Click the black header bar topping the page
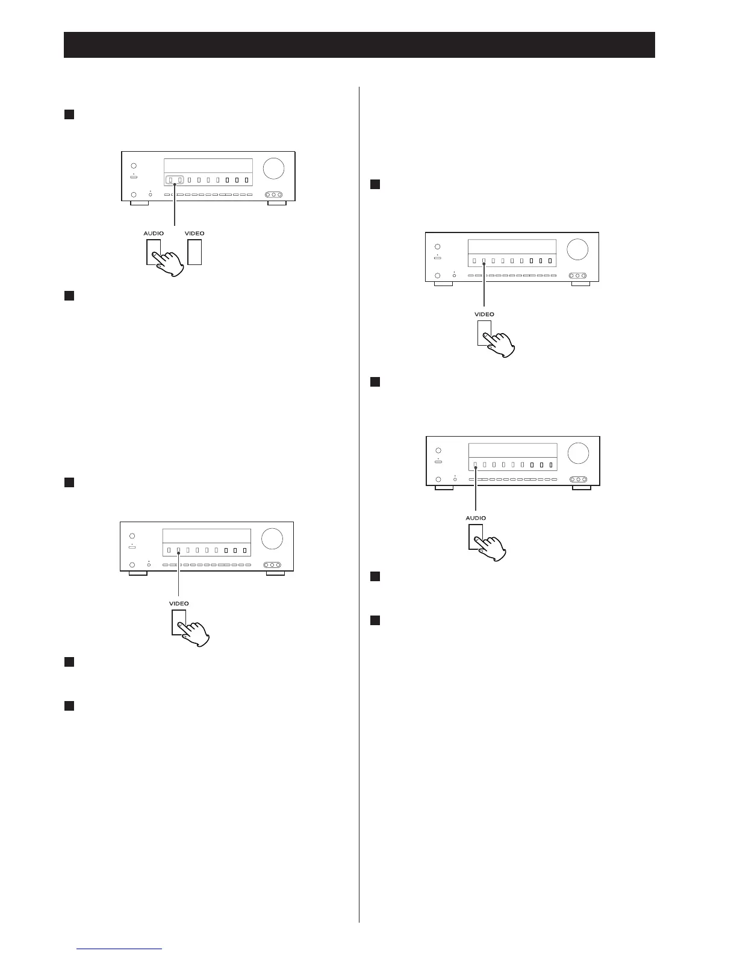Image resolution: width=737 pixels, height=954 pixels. pyautogui.click(x=359, y=45)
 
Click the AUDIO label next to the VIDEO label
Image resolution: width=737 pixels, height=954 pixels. pyautogui.click(x=154, y=233)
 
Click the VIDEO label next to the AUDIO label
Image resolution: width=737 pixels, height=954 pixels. pyautogui.click(x=194, y=233)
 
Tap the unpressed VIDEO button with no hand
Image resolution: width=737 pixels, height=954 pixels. pyautogui.click(x=194, y=252)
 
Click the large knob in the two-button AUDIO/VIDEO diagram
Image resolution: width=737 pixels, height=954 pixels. pyautogui.click(x=273, y=168)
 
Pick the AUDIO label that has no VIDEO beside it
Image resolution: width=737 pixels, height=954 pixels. pyautogui.click(x=476, y=518)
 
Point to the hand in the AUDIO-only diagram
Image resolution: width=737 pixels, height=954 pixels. pyautogui.click(x=491, y=547)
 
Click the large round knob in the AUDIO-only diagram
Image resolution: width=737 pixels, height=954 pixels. pyautogui.click(x=577, y=452)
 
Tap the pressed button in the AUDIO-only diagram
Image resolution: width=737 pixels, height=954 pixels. pyautogui.click(x=475, y=536)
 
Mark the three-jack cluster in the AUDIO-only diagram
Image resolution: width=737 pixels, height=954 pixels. pyautogui.click(x=577, y=479)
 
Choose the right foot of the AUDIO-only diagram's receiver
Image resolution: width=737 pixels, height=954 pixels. pyautogui.click(x=581, y=488)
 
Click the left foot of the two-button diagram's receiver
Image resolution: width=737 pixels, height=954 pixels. pyautogui.click(x=139, y=203)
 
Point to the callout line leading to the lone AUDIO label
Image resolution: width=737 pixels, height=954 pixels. pyautogui.click(x=476, y=491)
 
